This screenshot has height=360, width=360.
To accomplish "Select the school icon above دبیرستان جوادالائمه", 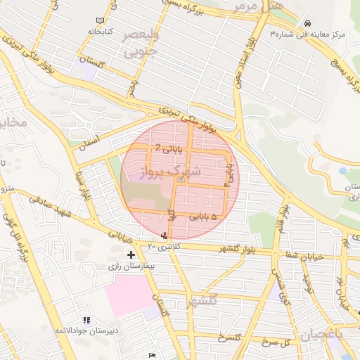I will point(86,320).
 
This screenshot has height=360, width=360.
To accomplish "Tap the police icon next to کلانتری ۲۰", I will point(165,236).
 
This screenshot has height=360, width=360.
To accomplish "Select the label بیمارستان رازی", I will point(131,267).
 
